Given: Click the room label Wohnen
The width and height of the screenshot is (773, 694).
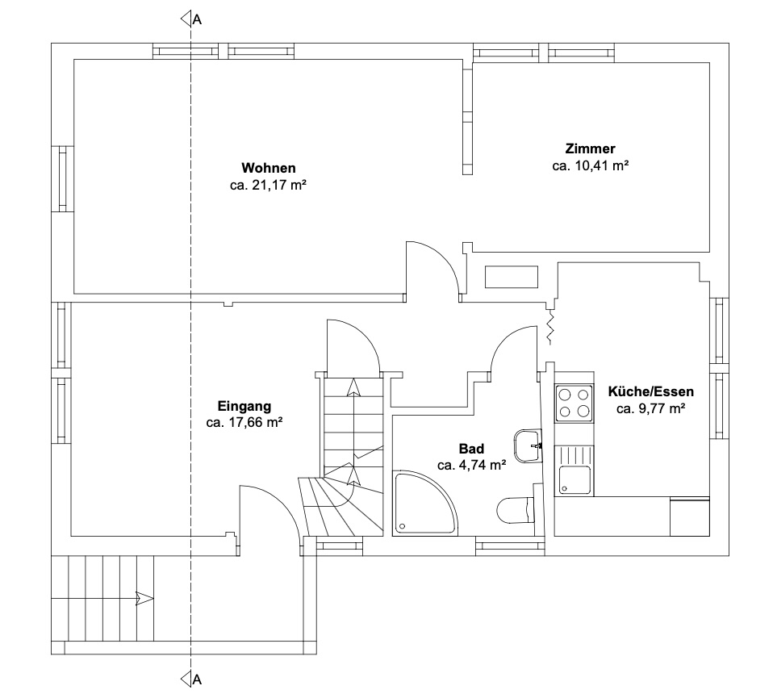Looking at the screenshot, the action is click(268, 168).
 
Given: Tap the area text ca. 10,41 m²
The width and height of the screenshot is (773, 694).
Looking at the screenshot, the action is click(590, 165).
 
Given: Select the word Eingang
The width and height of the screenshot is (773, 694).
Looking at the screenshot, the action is click(244, 407).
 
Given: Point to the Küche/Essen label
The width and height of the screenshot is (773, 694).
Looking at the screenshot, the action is click(650, 392).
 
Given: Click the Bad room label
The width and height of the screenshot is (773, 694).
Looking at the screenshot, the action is click(472, 449).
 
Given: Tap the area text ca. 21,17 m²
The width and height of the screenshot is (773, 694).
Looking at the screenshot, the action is click(268, 186).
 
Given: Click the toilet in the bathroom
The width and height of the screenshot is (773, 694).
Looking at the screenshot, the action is click(515, 509).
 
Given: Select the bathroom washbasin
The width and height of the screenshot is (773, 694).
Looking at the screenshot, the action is click(528, 445).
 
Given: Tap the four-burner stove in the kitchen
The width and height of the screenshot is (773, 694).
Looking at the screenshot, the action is click(574, 403).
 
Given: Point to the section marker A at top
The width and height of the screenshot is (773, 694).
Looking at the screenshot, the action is click(191, 19).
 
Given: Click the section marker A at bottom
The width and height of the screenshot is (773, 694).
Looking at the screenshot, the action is click(191, 679).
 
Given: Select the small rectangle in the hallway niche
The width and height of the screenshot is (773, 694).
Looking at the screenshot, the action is click(512, 277).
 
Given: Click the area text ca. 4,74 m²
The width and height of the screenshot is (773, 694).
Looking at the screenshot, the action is click(472, 465).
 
